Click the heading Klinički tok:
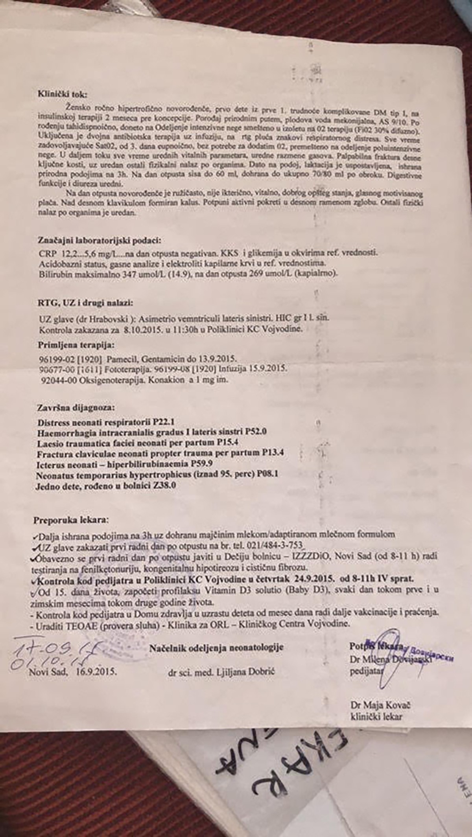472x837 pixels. tap(63, 94)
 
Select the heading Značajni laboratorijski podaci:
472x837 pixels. tap(100, 240)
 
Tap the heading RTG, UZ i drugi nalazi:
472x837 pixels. tap(86, 303)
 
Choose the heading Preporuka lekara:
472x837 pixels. tap(70, 520)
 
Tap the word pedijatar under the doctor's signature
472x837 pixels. tap(366, 671)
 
